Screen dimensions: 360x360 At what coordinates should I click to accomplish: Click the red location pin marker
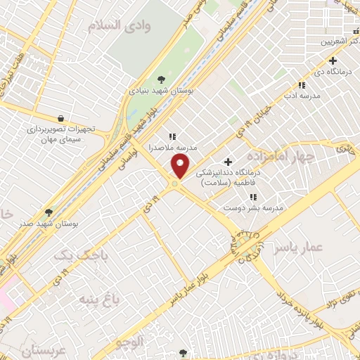[x=181, y=167]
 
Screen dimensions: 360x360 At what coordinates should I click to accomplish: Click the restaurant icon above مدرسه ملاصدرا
[x=172, y=136]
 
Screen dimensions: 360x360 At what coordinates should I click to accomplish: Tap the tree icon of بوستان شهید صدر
[x=49, y=212]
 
